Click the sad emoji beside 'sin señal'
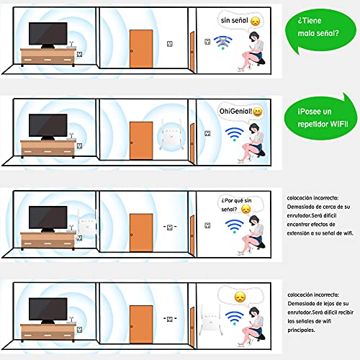click(256, 22)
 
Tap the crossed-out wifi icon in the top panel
click(223, 42)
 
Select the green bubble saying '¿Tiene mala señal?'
click(320, 30)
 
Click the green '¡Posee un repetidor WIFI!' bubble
click(320, 117)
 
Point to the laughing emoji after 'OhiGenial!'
click(258, 112)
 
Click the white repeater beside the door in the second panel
click(171, 135)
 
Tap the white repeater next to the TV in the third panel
click(86, 224)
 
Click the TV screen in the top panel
click(48, 34)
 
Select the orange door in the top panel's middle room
click(141, 49)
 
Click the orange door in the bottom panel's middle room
click(141, 325)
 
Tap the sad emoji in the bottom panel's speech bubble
click(240, 297)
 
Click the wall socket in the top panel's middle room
click(170, 44)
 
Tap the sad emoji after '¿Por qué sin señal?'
click(246, 210)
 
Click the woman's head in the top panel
click(254, 37)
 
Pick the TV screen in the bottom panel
click(48, 309)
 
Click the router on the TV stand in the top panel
click(71, 45)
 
